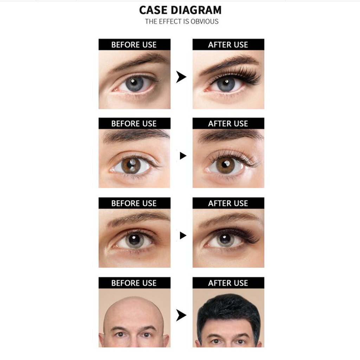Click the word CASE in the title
(153, 10)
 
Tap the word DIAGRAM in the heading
(196, 10)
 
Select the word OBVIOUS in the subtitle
(205, 21)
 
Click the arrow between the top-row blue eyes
(181, 77)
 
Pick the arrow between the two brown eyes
(183, 156)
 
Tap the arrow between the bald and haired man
(181, 315)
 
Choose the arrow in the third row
(183, 236)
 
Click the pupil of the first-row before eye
(134, 83)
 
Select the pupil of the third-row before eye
(134, 239)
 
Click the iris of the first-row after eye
(226, 84)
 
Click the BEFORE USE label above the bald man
(134, 283)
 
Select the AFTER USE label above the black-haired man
(228, 283)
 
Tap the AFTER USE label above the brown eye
(228, 123)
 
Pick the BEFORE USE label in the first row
(134, 45)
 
